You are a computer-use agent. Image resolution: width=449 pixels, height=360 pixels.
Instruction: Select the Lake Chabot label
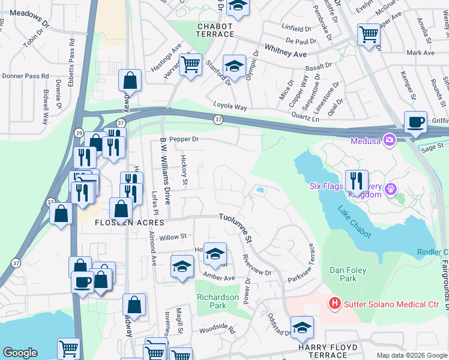[354, 223]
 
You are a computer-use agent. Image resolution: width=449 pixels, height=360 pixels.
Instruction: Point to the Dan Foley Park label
[348, 274]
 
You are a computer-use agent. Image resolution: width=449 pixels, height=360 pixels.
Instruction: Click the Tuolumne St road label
[235, 227]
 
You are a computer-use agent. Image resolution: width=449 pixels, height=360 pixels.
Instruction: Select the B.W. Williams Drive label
[166, 171]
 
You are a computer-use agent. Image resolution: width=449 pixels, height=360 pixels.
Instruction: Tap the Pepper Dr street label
[184, 139]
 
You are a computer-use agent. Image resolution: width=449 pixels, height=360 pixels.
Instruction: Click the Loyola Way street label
[231, 107]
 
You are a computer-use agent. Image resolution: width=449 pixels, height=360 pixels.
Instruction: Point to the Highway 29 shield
[79, 132]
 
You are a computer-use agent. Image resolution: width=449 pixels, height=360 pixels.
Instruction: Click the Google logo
[20, 353]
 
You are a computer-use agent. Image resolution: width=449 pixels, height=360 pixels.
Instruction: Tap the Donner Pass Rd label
[25, 76]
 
